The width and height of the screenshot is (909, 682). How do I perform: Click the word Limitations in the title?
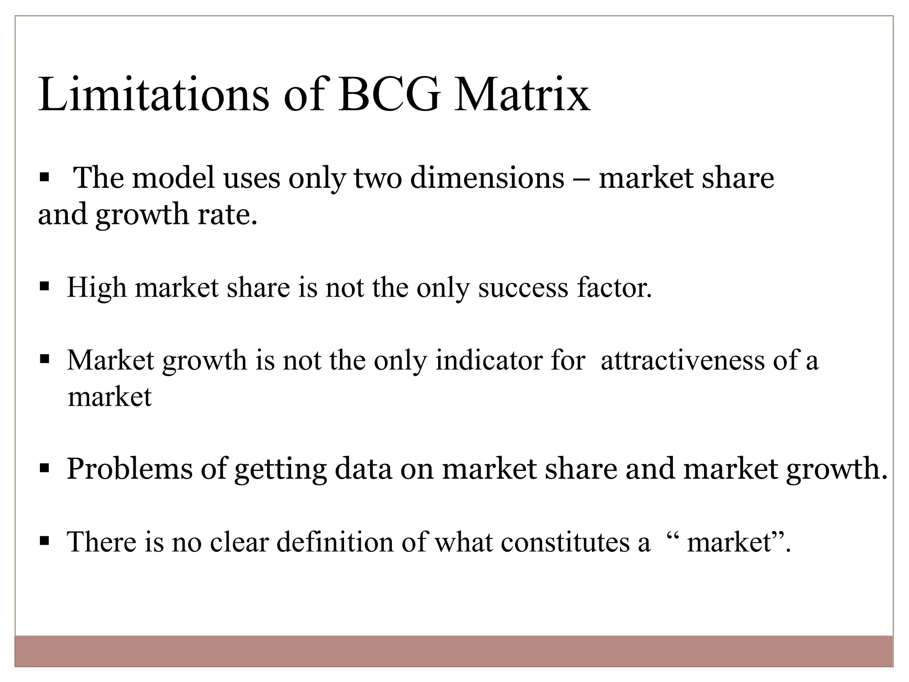pyautogui.click(x=154, y=95)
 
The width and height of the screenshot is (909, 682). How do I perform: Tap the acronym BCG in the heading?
pyautogui.click(x=389, y=95)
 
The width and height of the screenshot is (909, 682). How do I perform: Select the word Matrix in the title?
pyautogui.click(x=522, y=95)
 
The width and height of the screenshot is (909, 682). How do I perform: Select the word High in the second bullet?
pyautogui.click(x=97, y=288)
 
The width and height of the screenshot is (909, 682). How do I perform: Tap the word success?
pyautogui.click(x=523, y=288)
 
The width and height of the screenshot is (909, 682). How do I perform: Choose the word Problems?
pyautogui.click(x=129, y=469)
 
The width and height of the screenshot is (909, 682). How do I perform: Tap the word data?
pyautogui.click(x=363, y=469)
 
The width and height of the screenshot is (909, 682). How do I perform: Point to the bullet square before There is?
pyautogui.click(x=44, y=540)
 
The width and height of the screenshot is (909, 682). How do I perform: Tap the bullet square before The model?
pyautogui.click(x=44, y=178)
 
